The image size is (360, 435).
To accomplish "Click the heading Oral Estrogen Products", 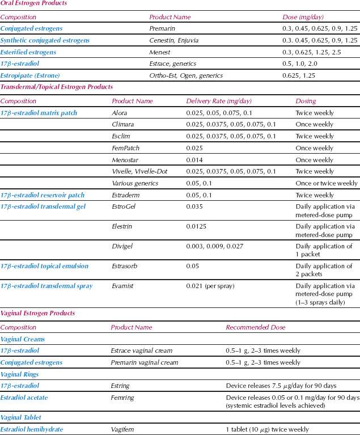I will pyautogui.click(x=33, y=3).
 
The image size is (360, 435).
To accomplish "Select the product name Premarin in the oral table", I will pyautogui.click(x=162, y=28).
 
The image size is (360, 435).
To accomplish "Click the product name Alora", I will pyautogui.click(x=120, y=113).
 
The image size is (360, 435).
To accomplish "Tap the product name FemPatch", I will pyautogui.click(x=125, y=148).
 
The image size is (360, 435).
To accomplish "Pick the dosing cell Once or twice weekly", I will pyautogui.click(x=327, y=183).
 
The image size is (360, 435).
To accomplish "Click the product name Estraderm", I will pyautogui.click(x=126, y=195).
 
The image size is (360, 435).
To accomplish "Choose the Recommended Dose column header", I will pyautogui.click(x=255, y=327).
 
